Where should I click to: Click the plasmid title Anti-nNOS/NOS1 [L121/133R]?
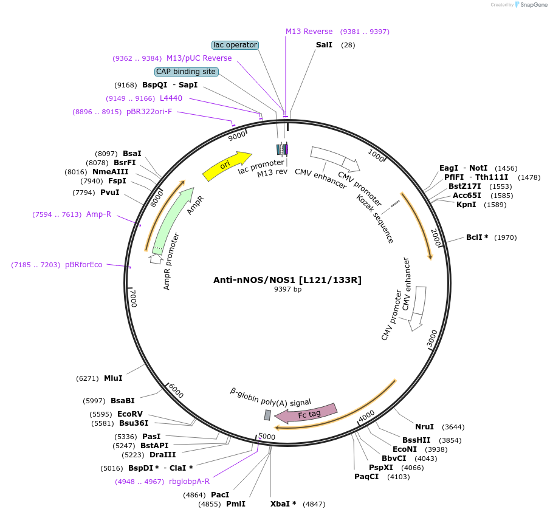point(287,280)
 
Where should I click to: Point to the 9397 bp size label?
point(287,290)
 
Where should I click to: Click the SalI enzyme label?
point(324,45)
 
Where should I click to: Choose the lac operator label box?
point(235,45)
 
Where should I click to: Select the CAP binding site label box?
point(186,72)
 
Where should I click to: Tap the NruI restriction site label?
point(424,427)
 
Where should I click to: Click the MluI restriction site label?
point(113,378)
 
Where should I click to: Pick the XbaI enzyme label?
point(283,504)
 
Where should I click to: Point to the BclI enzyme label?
point(477,237)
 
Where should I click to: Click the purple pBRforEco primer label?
point(84,265)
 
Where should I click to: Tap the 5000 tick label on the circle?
point(267,437)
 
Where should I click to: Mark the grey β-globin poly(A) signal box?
point(267,415)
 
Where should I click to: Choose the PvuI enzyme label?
point(110,193)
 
